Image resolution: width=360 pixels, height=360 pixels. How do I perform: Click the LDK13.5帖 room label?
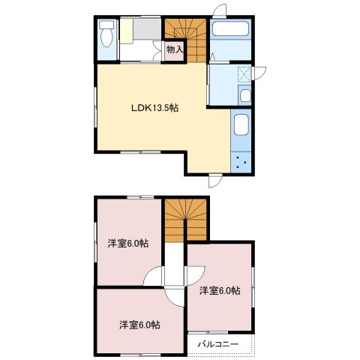click(155, 108)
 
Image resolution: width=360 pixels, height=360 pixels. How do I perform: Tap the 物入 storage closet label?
click(175, 49)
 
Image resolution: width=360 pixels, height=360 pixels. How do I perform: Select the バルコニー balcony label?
click(218, 344)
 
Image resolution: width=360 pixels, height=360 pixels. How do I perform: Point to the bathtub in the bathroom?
click(230, 29)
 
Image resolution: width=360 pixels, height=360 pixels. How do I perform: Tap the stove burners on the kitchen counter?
click(241, 162)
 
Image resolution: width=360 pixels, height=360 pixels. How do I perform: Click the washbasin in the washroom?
click(245, 95)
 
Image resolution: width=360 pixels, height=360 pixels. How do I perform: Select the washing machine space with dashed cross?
click(244, 74)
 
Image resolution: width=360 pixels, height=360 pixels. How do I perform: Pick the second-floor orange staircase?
click(185, 220)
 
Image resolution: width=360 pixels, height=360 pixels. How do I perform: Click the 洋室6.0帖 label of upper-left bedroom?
click(128, 243)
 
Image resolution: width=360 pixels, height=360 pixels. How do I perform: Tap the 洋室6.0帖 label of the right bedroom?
click(220, 290)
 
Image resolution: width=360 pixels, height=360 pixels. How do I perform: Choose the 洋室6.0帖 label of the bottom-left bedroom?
click(139, 325)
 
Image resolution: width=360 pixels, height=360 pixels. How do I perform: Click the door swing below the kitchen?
click(215, 181)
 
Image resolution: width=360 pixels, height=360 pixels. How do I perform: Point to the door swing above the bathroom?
click(220, 10)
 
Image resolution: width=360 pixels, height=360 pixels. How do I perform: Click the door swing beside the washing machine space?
click(259, 73)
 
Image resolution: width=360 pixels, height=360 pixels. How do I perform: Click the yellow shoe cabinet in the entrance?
click(127, 31)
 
